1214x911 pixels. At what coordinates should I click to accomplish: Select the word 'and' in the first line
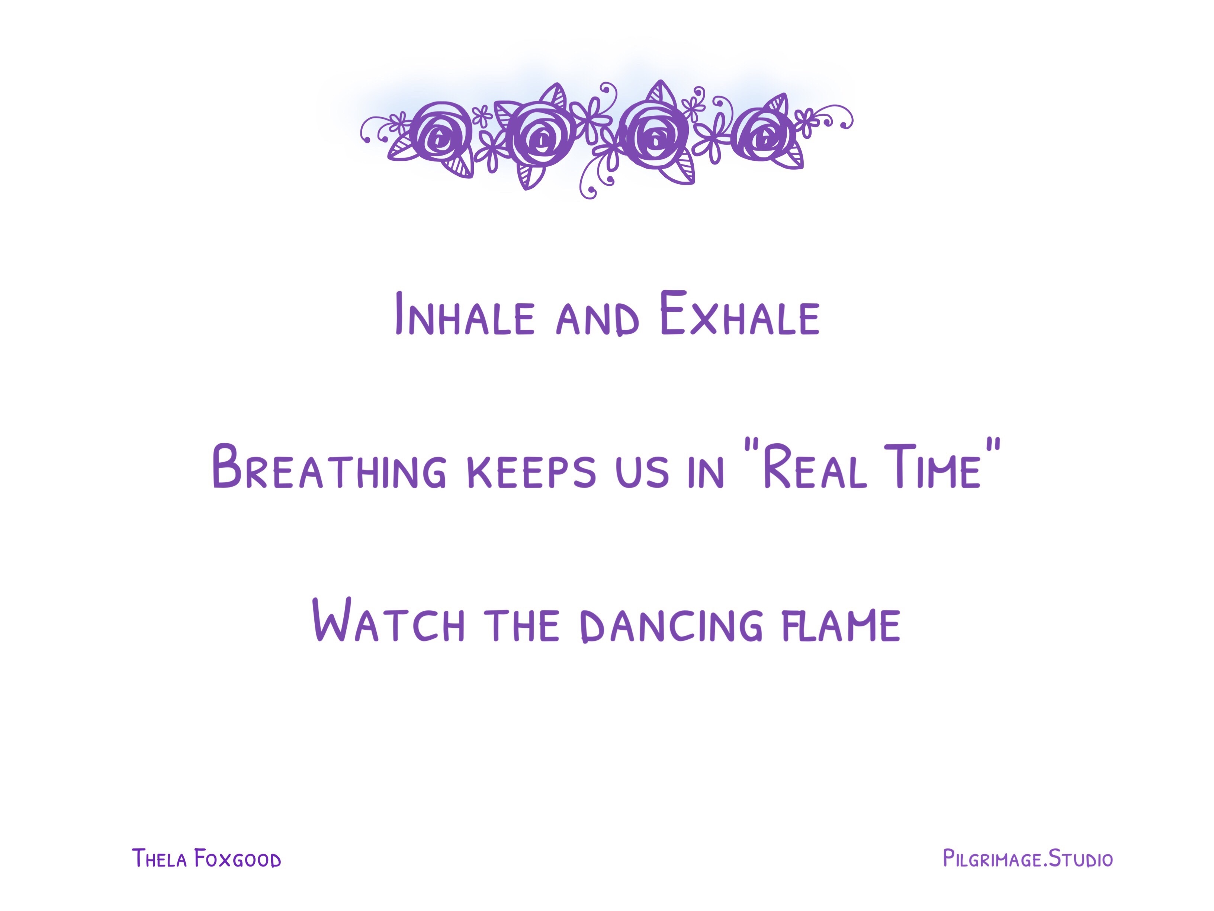point(598,319)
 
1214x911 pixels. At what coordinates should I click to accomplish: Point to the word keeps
point(531,471)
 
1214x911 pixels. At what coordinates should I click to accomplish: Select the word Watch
point(389,620)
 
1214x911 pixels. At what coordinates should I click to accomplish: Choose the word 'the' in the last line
point(521,625)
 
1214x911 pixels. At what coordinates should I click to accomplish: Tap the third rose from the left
point(654,135)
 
